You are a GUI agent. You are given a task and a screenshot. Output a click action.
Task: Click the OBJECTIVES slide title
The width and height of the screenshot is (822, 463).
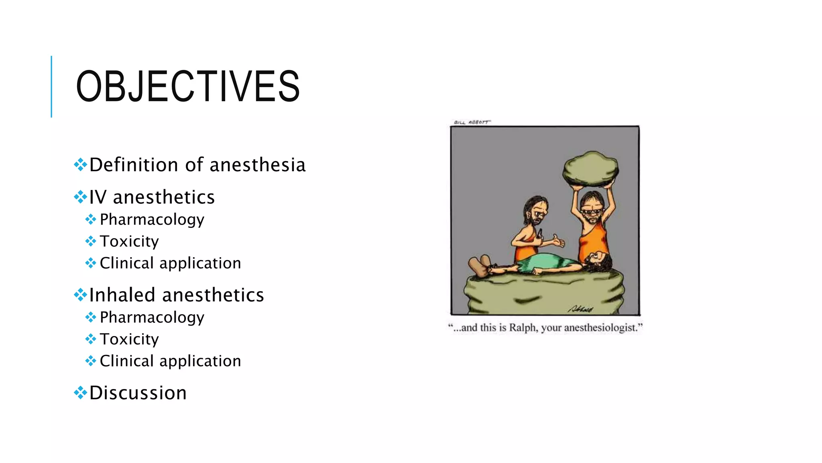pyautogui.click(x=187, y=86)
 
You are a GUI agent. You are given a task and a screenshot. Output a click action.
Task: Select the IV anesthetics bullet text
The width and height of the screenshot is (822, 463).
pyautogui.click(x=152, y=197)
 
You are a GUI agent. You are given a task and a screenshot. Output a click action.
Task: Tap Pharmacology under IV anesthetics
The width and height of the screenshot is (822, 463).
pyautogui.click(x=152, y=219)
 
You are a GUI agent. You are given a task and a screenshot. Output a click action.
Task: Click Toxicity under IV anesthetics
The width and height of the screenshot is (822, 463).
pyautogui.click(x=129, y=241)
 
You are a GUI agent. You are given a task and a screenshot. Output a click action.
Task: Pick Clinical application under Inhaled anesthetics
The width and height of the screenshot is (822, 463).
pyautogui.click(x=170, y=361)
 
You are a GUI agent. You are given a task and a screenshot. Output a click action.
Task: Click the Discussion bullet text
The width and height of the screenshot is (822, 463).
pyautogui.click(x=138, y=393)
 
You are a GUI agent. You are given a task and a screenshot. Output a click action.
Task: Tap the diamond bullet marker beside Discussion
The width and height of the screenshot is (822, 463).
pyautogui.click(x=81, y=393)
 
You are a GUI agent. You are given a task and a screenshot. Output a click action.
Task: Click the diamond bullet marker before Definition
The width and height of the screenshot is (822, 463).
pyautogui.click(x=81, y=165)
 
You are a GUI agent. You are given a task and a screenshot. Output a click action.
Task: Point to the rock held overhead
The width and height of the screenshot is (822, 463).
pyautogui.click(x=590, y=169)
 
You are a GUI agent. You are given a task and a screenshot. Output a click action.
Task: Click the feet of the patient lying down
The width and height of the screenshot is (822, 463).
pyautogui.click(x=480, y=265)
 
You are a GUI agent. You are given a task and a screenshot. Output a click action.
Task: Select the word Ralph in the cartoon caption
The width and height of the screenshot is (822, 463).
pyautogui.click(x=523, y=328)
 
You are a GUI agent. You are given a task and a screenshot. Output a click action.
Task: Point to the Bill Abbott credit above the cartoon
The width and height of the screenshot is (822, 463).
pyautogui.click(x=472, y=122)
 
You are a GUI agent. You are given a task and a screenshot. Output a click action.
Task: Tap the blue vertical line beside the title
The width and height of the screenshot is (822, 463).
pyautogui.click(x=51, y=86)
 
